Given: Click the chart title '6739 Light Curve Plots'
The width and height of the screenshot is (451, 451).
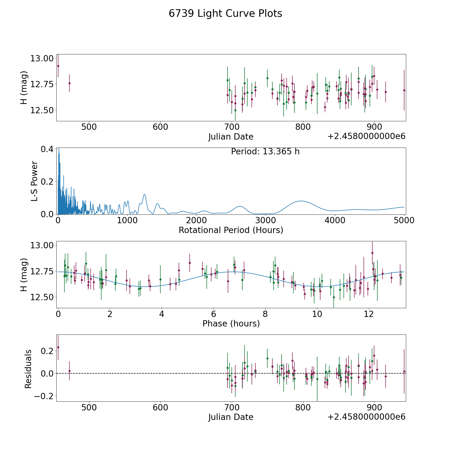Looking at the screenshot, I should pos(225,14).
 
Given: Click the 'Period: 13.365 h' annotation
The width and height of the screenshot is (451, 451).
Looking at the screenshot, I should pos(265,152).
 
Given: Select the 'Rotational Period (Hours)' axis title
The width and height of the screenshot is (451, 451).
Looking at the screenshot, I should pos(231,230).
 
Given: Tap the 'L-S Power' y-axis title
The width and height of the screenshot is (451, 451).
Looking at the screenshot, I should pos(34,181).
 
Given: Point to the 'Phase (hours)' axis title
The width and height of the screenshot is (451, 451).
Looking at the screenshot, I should pos(231,323).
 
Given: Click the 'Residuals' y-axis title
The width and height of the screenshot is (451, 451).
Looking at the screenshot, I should pos(28,369).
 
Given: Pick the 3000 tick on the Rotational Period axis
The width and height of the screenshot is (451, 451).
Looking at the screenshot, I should pos(265,220).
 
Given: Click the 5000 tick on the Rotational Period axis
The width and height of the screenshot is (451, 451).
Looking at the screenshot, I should pos(404,220).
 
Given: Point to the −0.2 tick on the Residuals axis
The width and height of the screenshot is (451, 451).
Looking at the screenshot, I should pos(43,396).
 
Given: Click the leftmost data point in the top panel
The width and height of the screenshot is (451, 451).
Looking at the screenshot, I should pos(58,66).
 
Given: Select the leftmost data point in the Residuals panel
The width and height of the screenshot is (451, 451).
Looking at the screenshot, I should pos(58,347).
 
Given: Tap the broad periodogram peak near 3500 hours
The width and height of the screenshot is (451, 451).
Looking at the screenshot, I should pos(301,201).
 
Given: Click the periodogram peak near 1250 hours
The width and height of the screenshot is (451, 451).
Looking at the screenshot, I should pos(144,194).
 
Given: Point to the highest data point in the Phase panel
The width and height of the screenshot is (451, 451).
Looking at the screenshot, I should pos(372,253).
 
